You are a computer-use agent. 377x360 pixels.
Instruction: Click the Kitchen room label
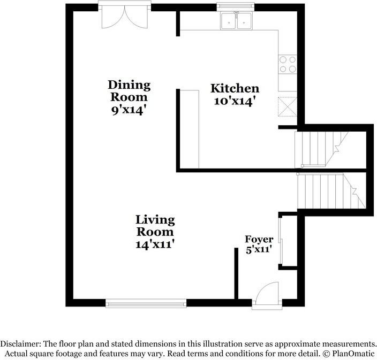point(235,88)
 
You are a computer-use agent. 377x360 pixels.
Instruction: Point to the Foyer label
point(259,239)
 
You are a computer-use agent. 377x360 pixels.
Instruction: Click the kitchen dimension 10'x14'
point(235,100)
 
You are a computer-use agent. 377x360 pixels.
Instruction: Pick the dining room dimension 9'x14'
point(129,110)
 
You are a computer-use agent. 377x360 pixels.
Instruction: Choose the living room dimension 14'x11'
point(155,244)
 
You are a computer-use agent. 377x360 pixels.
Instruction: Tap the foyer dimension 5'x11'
point(259,249)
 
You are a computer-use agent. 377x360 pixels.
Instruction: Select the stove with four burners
point(288,64)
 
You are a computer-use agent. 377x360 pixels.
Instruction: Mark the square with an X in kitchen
point(288,106)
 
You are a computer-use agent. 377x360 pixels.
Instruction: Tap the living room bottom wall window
point(146,303)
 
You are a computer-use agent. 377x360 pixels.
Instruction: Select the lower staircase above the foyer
point(328,191)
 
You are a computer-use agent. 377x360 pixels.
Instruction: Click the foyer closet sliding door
point(280,239)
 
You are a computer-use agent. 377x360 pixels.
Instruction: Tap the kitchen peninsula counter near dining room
point(189,128)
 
